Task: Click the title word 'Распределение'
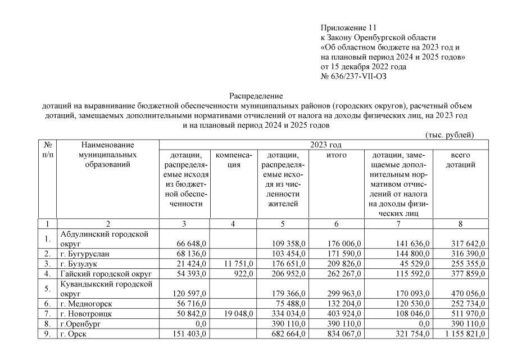click(x=256, y=96)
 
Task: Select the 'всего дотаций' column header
click(x=460, y=160)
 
